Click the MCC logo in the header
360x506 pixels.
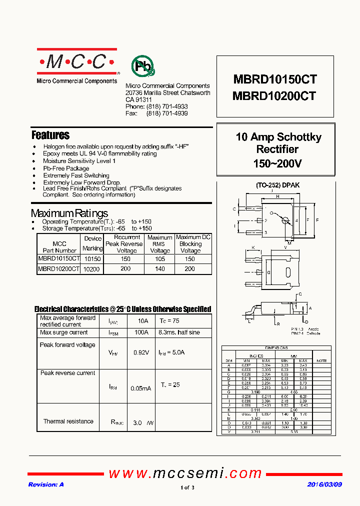point(76,61)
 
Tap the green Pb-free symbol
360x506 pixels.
point(143,65)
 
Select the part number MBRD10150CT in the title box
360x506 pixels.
point(274,80)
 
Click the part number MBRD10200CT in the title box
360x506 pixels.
point(274,96)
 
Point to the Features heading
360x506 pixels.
point(50,135)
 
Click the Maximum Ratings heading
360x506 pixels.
point(69,213)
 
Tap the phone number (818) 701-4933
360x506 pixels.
point(167,107)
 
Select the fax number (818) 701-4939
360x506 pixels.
point(167,114)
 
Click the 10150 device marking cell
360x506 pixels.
point(92,259)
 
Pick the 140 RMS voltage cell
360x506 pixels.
point(160,269)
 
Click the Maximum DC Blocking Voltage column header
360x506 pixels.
point(193,244)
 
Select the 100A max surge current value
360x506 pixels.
point(141,332)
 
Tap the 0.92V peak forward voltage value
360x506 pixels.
point(141,352)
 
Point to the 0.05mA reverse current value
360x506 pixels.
point(140,388)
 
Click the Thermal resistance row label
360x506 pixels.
point(68,421)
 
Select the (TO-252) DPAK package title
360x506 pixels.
point(277,185)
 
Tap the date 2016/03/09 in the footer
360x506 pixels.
point(325,484)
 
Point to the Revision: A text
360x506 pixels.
point(46,484)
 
